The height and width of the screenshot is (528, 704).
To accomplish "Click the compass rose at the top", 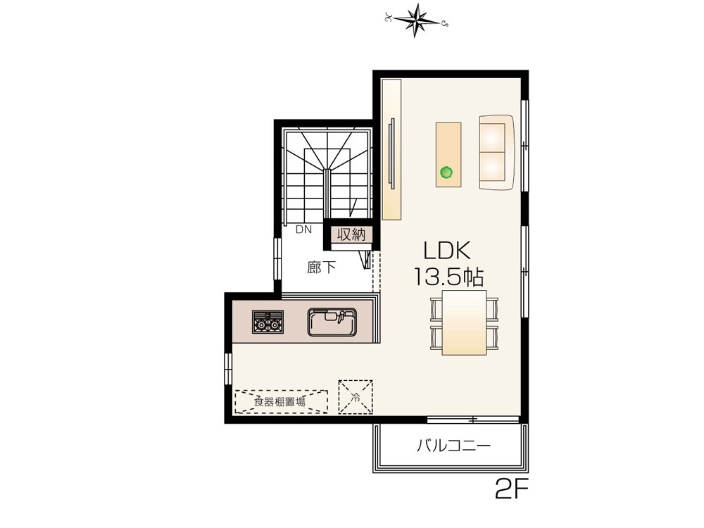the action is pyautogui.click(x=416, y=20).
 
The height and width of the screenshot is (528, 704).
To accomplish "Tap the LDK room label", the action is pyautogui.click(x=447, y=251).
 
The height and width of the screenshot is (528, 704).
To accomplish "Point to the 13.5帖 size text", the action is pyautogui.click(x=448, y=277).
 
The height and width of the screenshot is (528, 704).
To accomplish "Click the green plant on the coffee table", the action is pyautogui.click(x=446, y=172).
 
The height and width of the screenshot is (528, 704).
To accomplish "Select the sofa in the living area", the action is pyautogui.click(x=497, y=152).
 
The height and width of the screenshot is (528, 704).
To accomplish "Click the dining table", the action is pyautogui.click(x=464, y=322).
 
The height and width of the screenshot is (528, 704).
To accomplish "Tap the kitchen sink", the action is pyautogui.click(x=332, y=322).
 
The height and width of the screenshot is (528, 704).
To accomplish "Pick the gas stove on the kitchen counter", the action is pyautogui.click(x=268, y=322).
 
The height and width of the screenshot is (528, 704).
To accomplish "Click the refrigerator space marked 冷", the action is pyautogui.click(x=355, y=397).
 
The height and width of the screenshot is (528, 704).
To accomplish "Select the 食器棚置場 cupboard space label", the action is pyautogui.click(x=279, y=401).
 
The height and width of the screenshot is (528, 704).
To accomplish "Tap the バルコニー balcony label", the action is pyautogui.click(x=453, y=446).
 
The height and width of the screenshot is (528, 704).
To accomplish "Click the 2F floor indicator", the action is pyautogui.click(x=511, y=489).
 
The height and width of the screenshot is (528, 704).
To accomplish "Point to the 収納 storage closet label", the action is pyautogui.click(x=351, y=234).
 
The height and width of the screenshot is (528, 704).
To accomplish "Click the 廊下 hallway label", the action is pyautogui.click(x=322, y=268).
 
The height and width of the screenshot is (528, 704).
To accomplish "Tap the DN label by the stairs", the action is pyautogui.click(x=303, y=230).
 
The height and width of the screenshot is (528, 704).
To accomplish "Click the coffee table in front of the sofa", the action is pyautogui.click(x=448, y=154).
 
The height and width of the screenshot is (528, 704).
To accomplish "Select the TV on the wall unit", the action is pyautogui.click(x=391, y=153).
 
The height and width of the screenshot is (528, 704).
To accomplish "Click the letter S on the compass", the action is pyautogui.click(x=444, y=23).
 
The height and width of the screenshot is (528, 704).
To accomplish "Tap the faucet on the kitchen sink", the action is pyautogui.click(x=339, y=316).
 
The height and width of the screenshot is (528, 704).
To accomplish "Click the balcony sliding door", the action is pyautogui.click(x=473, y=420).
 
